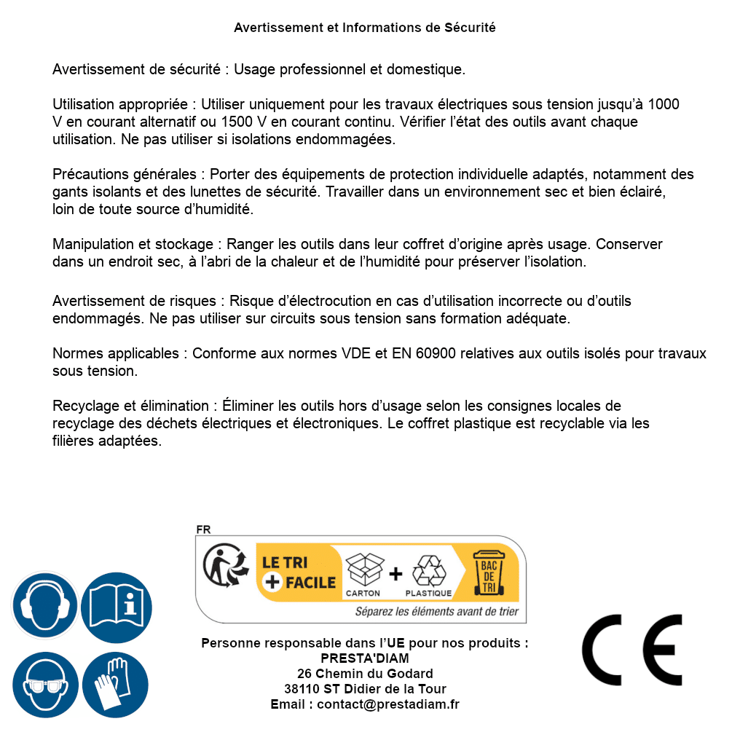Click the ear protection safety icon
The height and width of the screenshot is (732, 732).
coord(44,606)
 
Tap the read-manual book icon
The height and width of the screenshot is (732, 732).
coord(116,606)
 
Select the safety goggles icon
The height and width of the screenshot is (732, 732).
coord(44,685)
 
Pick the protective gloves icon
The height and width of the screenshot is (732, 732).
coord(116,685)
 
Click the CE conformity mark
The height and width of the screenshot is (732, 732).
coord(632,650)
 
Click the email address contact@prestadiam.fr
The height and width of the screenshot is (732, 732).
coord(388,704)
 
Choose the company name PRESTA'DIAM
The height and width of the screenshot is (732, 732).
coord(365,658)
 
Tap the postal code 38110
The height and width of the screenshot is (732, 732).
coord(302,689)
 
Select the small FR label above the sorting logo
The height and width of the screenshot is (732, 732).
coord(203,530)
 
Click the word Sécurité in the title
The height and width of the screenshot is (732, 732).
coord(470,28)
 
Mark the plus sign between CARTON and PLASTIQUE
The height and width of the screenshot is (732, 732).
coord(395,574)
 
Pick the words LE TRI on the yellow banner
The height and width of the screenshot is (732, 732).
coord(285,562)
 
